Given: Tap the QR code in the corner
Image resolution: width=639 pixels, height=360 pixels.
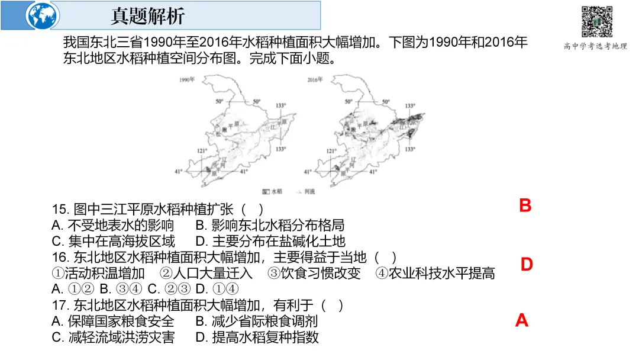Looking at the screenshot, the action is (595, 21).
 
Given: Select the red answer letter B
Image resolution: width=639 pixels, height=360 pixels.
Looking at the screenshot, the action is (525, 206).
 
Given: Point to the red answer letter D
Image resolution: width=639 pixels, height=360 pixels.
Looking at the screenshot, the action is (527, 265).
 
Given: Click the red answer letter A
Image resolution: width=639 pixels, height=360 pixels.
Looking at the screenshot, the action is (521, 320).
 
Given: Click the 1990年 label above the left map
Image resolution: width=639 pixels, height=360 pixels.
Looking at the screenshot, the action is (187, 79).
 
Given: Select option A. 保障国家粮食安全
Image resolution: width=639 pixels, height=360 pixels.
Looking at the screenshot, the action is (113, 322).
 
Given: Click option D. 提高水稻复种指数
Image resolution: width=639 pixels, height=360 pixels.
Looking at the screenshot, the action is (257, 337).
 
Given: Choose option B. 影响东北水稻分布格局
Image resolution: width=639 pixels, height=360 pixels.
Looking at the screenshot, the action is (270, 226).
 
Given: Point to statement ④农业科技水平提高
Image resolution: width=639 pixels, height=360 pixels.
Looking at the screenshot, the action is (435, 274).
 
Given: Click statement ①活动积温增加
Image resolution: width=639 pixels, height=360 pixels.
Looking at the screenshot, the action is (98, 274).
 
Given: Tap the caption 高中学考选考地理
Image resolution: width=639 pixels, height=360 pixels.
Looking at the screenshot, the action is (595, 46).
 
